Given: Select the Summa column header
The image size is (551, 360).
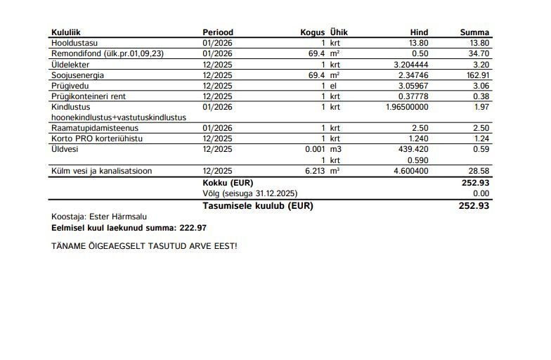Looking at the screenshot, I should [x=474, y=32].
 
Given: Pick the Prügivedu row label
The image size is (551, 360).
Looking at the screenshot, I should [x=67, y=85].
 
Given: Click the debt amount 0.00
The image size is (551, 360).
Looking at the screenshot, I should [x=481, y=193].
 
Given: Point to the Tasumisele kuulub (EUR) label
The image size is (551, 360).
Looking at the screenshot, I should [x=257, y=206].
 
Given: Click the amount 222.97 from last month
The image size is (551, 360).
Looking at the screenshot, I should [x=191, y=228].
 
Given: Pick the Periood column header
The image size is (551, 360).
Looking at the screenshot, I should [x=218, y=32].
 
